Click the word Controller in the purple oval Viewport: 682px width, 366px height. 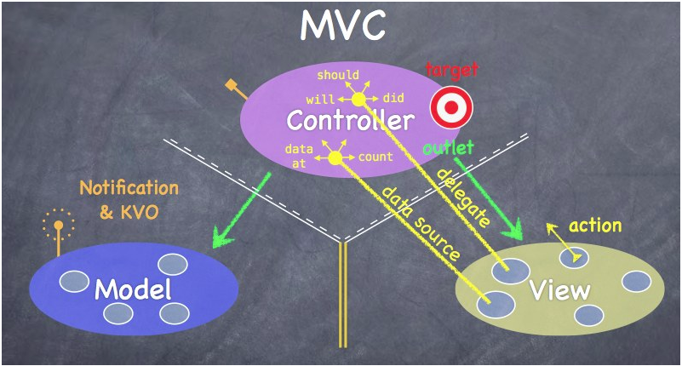(350, 120)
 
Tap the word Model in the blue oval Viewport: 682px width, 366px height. (133, 289)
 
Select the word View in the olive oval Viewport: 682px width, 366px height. (559, 289)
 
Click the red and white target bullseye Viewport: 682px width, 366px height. (451, 107)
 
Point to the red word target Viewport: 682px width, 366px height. (451, 71)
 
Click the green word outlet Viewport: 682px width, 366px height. (448, 148)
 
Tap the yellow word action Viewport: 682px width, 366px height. (595, 226)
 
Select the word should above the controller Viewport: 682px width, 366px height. (338, 75)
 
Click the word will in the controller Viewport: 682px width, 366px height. (320, 100)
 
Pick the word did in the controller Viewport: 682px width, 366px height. (393, 98)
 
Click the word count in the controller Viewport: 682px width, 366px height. (375, 157)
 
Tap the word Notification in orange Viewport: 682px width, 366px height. (129, 188)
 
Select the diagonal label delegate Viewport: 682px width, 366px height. (463, 197)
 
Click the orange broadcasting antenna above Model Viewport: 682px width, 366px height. (58, 232)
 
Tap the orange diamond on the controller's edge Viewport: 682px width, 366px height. (231, 85)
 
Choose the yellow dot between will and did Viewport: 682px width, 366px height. (358, 100)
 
